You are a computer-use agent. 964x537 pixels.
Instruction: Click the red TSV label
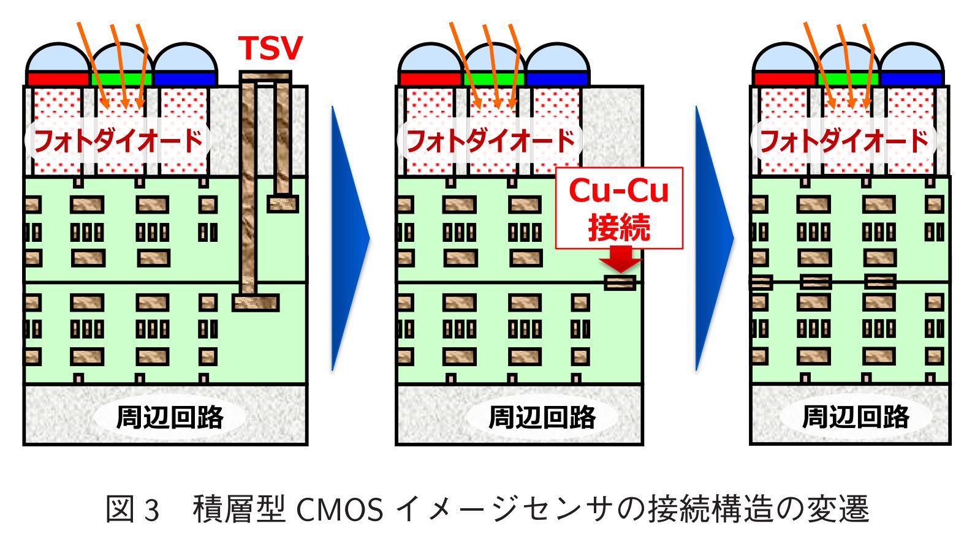270,48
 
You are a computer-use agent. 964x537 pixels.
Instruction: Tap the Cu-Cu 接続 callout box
619,208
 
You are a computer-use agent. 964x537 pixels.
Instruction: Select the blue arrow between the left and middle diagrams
349,239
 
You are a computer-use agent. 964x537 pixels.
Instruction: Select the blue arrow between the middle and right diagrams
713,239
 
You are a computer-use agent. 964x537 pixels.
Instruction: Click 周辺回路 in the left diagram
170,417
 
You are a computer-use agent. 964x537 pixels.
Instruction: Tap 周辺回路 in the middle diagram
542,417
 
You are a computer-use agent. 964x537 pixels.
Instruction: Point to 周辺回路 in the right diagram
856,417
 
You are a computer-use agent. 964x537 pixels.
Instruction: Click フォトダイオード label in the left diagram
118,141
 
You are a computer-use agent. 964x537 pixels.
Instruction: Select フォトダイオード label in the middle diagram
490,141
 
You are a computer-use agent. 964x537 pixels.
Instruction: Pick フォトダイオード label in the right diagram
844,141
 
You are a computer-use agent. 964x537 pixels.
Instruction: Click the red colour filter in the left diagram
58,79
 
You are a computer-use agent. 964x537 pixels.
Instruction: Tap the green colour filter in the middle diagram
494,79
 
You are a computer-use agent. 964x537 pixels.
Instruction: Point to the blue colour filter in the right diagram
911,79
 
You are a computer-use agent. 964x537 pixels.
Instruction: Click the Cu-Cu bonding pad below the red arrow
620,283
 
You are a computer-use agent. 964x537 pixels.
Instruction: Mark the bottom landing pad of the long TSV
256,302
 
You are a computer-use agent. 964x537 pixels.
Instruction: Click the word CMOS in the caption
340,509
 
